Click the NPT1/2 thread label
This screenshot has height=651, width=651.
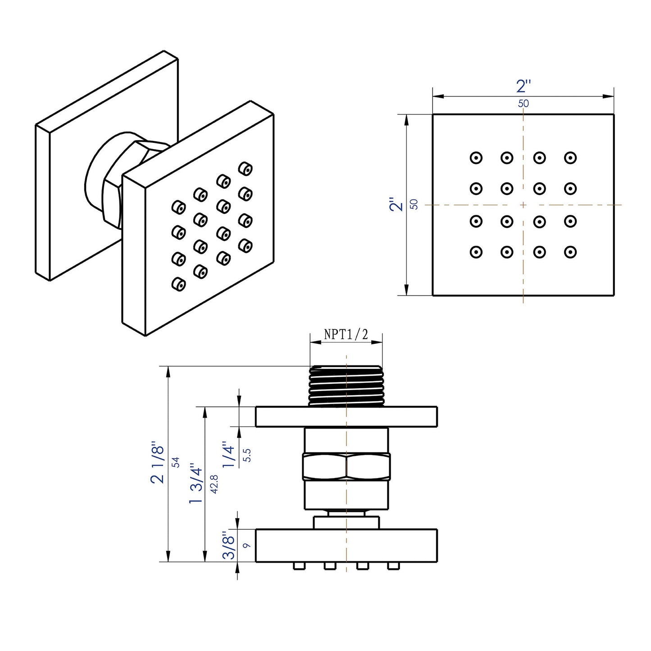346,334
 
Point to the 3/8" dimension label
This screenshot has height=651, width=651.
229,545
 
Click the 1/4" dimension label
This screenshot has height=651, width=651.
229,455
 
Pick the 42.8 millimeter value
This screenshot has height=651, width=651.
214,484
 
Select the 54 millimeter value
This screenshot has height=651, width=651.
176,462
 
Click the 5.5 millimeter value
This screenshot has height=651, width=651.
246,455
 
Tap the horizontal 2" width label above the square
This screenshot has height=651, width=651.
524,86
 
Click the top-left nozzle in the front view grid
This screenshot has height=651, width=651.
476,158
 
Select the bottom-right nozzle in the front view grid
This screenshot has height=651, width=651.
570,252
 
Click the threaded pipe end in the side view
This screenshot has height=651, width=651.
346,384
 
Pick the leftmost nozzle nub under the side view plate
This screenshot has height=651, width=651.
298,566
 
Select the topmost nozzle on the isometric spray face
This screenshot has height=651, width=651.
245,168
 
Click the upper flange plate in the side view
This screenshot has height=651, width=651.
346,416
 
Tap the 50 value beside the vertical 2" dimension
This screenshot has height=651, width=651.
414,204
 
